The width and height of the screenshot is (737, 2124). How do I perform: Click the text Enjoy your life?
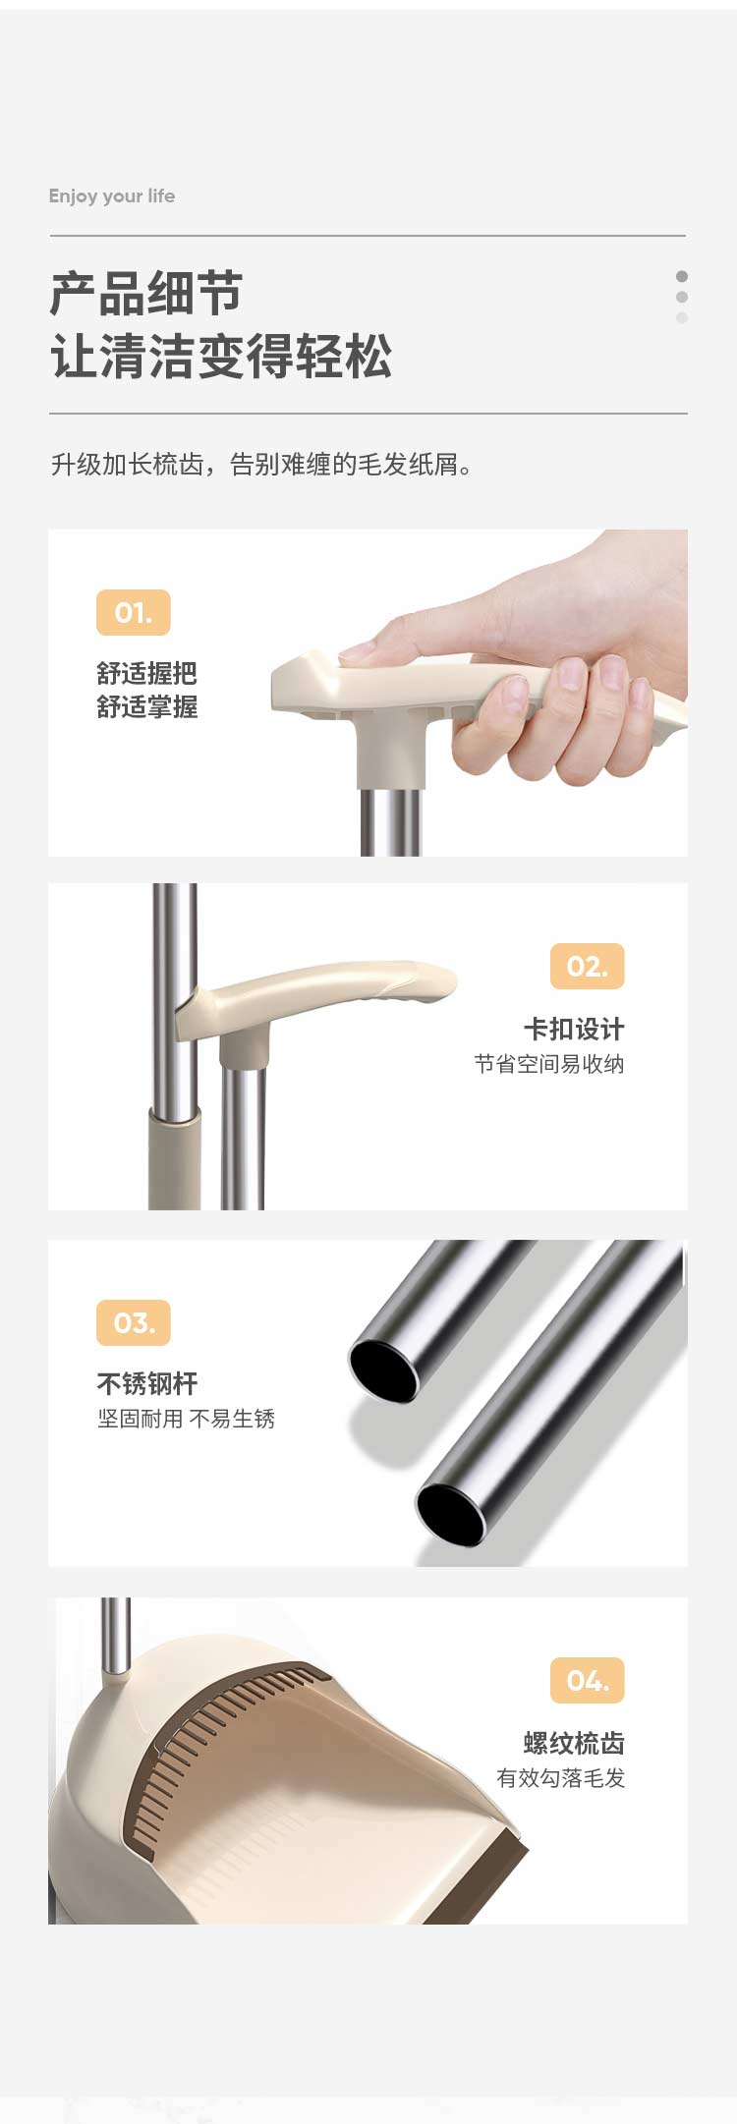click(112, 196)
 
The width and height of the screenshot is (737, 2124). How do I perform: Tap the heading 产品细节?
click(146, 294)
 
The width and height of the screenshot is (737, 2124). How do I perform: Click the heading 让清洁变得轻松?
click(221, 356)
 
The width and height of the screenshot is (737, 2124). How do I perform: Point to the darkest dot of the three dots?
click(682, 276)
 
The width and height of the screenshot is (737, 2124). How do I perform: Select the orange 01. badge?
click(134, 612)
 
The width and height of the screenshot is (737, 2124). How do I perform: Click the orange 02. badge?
click(588, 966)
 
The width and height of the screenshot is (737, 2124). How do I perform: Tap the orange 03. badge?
click(134, 1322)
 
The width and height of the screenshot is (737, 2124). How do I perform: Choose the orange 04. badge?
click(588, 1680)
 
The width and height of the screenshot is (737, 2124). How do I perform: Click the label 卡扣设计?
click(574, 1030)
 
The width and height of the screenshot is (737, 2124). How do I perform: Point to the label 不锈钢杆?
click(147, 1384)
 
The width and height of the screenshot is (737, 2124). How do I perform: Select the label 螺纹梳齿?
click(574, 1743)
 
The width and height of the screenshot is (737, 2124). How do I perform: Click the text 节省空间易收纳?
click(549, 1064)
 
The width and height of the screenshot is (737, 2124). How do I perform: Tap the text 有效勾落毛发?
click(561, 1777)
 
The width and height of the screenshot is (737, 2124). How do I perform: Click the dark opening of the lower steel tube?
click(451, 1513)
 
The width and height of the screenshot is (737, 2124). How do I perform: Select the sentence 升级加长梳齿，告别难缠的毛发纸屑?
click(261, 464)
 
